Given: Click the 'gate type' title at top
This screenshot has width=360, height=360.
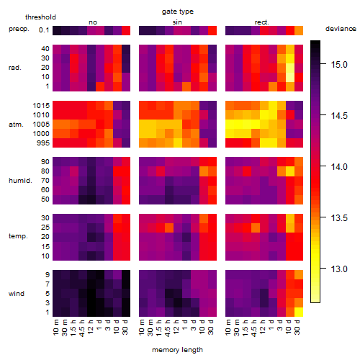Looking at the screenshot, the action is pyautogui.click(x=178, y=12).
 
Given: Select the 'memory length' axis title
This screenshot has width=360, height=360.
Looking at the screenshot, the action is pyautogui.click(x=178, y=350).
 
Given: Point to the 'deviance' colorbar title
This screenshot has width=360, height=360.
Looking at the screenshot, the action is pyautogui.click(x=341, y=29).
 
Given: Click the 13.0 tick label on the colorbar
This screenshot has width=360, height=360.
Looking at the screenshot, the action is pyautogui.click(x=339, y=269).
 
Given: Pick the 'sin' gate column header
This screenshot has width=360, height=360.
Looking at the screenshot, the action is pyautogui.click(x=177, y=22).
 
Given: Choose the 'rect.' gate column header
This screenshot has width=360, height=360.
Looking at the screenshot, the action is pyautogui.click(x=262, y=22).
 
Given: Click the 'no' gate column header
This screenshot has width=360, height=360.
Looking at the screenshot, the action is pyautogui.click(x=93, y=22).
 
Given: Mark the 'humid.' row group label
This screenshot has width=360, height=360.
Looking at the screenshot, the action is pyautogui.click(x=20, y=181).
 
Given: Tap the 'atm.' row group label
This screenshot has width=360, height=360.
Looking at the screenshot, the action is pyautogui.click(x=16, y=125).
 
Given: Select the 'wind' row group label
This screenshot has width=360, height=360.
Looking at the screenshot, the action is pyautogui.click(x=17, y=294).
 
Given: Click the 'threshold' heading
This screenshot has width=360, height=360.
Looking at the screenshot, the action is pyautogui.click(x=40, y=17).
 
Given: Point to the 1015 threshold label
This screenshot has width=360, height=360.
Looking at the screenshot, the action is pyautogui.click(x=41, y=106).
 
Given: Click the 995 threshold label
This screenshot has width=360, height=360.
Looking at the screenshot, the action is pyautogui.click(x=43, y=143).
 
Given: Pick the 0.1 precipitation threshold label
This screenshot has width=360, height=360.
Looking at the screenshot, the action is pyautogui.click(x=44, y=30).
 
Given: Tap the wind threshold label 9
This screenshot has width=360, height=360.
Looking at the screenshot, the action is pyautogui.click(x=48, y=275).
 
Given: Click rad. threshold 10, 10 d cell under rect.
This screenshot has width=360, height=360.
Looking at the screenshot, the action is pyautogui.click(x=290, y=77).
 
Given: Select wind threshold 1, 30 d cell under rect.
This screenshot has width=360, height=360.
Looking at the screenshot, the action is pyautogui.click(x=299, y=312).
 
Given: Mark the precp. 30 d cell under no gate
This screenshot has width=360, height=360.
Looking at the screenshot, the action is pyautogui.click(x=126, y=30).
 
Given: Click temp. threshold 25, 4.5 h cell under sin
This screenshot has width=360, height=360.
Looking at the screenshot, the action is pyautogui.click(x=169, y=228).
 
